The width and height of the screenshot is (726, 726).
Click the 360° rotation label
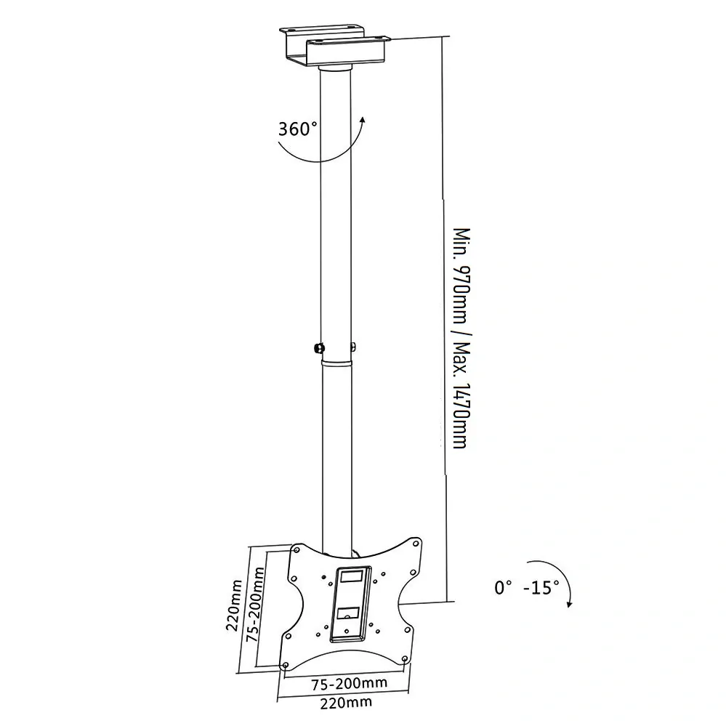pyautogui.click(x=298, y=128)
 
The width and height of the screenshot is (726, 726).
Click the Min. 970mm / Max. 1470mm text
pyautogui.click(x=461, y=338)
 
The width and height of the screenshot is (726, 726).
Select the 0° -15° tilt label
pyautogui.click(x=526, y=588)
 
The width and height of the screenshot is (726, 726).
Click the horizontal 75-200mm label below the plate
pyautogui.click(x=349, y=683)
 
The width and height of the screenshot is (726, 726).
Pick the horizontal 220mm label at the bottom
pyautogui.click(x=346, y=703)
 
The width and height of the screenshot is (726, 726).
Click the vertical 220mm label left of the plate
pyautogui.click(x=234, y=605)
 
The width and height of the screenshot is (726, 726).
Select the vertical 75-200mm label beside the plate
pyautogui.click(x=255, y=604)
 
